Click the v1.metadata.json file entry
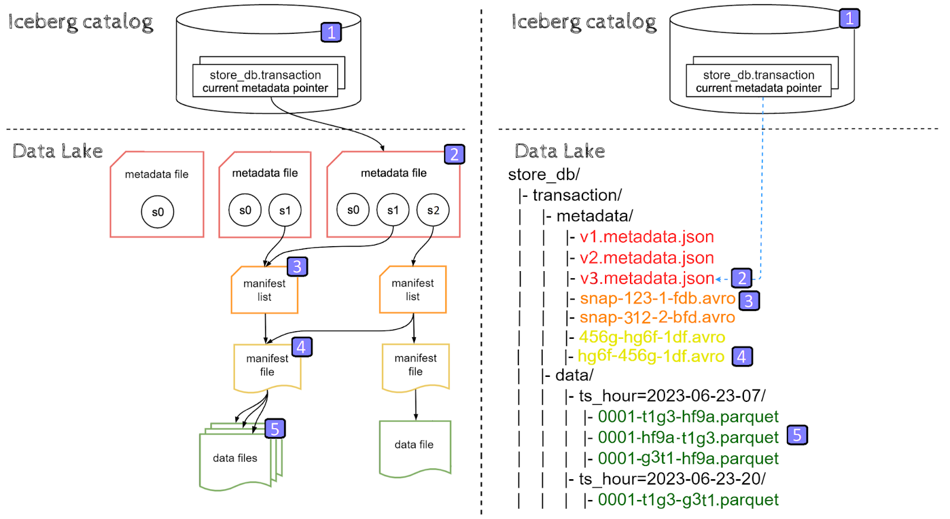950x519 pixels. [647, 237]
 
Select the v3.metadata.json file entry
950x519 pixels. [647, 278]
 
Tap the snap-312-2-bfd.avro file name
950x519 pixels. [657, 317]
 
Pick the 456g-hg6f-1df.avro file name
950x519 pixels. [652, 337]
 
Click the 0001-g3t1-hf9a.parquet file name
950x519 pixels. [688, 458]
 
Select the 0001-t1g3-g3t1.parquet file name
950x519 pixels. [688, 500]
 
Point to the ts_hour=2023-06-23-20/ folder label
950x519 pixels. [672, 479]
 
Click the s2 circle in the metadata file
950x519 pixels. [433, 210]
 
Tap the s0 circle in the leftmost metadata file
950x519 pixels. [157, 212]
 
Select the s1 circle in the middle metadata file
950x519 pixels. [285, 210]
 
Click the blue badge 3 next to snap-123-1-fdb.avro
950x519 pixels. [749, 301]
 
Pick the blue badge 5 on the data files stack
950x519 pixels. [275, 429]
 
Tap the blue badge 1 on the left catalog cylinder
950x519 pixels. [331, 32]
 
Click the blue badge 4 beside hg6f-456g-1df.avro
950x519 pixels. [742, 357]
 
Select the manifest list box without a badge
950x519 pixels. [413, 290]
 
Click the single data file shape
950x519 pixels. [414, 446]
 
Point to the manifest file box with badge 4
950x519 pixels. [267, 366]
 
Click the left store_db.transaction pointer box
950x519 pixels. [265, 81]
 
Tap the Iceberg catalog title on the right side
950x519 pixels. [584, 22]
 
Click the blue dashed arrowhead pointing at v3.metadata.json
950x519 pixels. [718, 279]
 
